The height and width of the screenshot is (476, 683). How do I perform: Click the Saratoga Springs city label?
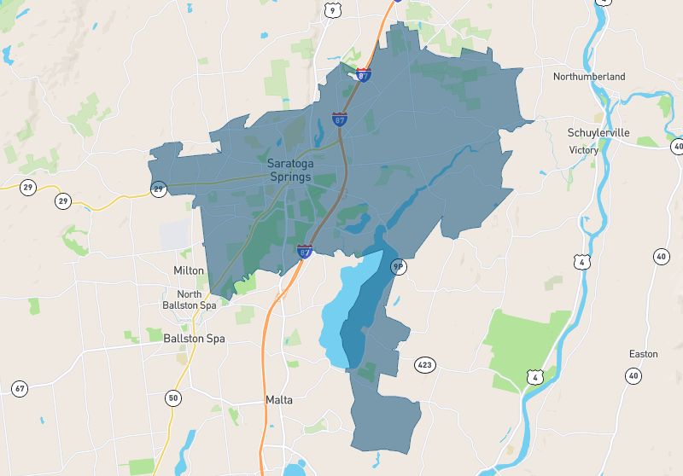tap(289, 170)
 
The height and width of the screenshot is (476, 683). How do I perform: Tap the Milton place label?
tap(189, 270)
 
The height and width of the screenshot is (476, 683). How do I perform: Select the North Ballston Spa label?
tap(190, 299)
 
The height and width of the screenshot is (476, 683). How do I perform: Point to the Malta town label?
tap(279, 399)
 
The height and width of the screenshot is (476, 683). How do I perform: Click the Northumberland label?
tap(588, 77)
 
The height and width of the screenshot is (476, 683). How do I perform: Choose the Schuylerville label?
tap(598, 132)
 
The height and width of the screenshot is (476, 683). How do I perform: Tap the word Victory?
tap(584, 150)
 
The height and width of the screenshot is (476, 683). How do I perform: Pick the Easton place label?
tap(644, 353)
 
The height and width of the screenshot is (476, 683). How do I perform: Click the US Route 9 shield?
tap(331, 10)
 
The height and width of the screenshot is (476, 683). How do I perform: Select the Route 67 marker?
tap(20, 389)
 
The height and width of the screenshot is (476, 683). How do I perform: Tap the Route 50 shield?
tap(173, 398)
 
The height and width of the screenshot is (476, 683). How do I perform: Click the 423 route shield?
tap(425, 365)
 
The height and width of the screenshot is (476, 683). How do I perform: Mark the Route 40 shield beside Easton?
tap(633, 375)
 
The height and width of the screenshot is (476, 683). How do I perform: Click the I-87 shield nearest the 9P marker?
tap(305, 251)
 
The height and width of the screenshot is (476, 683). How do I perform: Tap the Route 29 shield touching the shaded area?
tap(158, 189)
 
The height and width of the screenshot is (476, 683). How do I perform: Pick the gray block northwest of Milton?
tap(174, 235)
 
